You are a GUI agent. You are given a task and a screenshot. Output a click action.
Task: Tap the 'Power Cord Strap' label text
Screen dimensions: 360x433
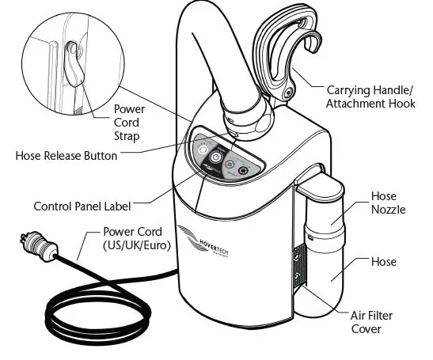129,122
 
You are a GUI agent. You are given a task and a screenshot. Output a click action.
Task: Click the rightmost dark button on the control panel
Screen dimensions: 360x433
243,169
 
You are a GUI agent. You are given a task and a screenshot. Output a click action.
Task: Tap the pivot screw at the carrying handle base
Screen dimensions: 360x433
287,93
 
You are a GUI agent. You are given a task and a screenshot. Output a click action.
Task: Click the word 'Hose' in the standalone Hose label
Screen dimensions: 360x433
384,262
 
